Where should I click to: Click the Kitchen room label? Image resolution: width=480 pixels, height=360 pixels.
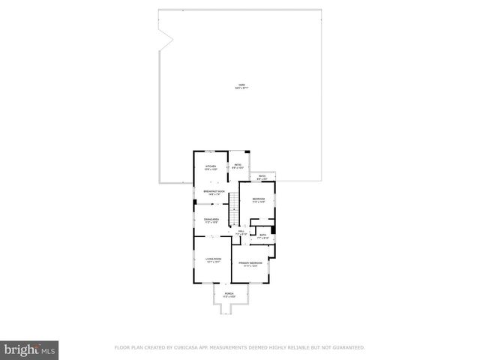click(x=211, y=166)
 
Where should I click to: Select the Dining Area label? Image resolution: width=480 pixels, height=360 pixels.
click(x=211, y=219)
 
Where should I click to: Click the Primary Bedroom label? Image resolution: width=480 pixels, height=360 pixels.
click(x=250, y=262)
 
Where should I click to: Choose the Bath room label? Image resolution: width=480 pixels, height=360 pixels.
click(x=263, y=235)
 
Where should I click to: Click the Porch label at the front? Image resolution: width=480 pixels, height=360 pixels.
click(x=229, y=293)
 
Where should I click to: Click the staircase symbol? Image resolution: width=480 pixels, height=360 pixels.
click(x=233, y=206)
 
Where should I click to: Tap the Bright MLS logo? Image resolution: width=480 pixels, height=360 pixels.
click(x=29, y=349)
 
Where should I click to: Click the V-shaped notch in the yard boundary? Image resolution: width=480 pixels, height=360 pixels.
click(x=167, y=34)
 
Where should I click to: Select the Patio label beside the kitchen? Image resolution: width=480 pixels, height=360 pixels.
click(x=237, y=166)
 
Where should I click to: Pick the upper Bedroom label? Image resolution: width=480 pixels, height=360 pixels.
click(x=259, y=198)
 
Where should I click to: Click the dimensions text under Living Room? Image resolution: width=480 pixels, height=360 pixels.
click(x=214, y=262)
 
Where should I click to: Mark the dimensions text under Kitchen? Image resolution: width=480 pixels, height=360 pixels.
click(x=211, y=169)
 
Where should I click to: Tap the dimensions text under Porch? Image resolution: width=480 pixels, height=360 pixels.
click(x=229, y=296)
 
